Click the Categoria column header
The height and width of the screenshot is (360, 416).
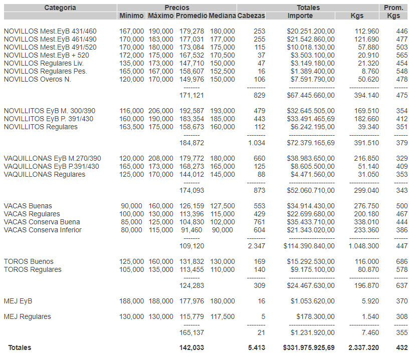point(60,8)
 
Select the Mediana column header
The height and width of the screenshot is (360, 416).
point(222,16)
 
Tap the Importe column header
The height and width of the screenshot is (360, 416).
point(300,16)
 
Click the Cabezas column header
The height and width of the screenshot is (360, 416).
point(251,16)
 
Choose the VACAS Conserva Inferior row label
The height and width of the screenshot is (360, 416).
point(43,230)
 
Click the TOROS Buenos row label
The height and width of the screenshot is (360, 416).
point(29,261)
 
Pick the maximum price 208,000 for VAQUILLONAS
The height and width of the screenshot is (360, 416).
point(161,158)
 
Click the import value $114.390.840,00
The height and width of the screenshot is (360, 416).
point(309,246)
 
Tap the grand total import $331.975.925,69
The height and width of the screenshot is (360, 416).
point(309,347)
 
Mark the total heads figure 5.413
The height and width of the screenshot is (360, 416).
point(257,347)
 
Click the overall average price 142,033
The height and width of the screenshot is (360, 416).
point(191,347)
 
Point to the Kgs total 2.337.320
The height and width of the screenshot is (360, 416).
point(363,347)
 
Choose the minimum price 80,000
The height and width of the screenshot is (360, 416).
point(131,230)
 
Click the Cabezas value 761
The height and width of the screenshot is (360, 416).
point(259,222)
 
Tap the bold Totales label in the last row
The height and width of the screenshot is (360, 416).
point(20,347)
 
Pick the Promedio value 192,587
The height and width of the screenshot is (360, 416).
point(191,111)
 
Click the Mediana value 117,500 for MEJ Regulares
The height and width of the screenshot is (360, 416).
point(222,316)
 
